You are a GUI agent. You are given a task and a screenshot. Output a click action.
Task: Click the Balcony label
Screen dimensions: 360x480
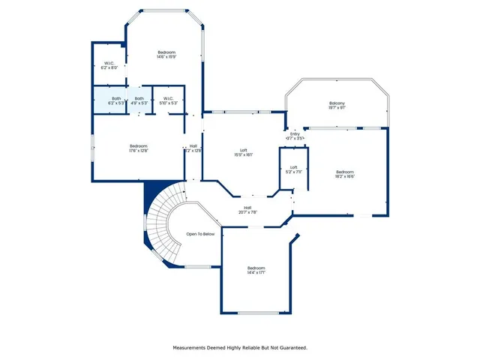[337, 103]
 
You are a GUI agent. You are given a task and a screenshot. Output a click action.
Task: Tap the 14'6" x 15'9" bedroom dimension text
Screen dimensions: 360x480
[166, 57]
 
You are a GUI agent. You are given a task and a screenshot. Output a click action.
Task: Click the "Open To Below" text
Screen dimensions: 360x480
[200, 234]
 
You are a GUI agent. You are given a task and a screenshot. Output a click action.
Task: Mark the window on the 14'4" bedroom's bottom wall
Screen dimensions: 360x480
[259, 312]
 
